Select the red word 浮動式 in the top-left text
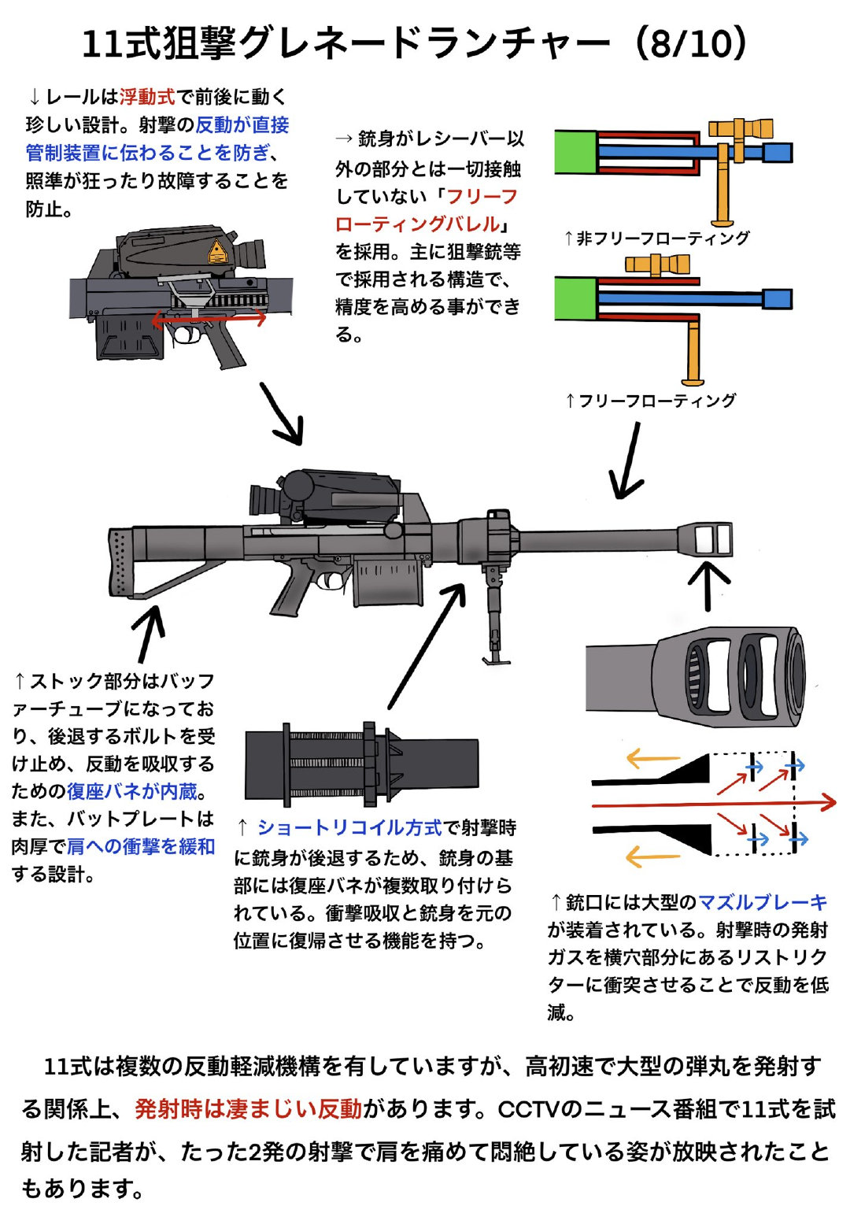146,97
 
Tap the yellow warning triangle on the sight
216,253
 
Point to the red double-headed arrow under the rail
209,319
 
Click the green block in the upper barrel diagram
575,152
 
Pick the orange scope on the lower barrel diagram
656,264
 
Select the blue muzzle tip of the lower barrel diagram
777,298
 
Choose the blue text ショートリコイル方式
349,827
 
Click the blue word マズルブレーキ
762,902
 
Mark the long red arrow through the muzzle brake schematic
712,804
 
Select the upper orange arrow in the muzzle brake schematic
652,759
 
